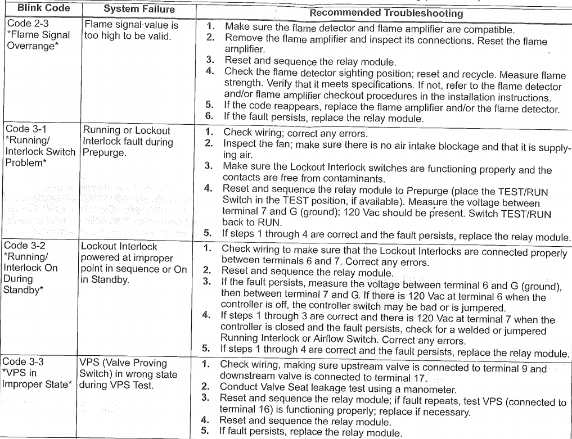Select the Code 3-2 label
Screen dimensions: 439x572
pyautogui.click(x=26, y=247)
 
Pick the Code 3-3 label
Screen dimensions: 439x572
pyautogui.click(x=26, y=363)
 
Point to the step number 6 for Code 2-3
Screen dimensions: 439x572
pyautogui.click(x=209, y=116)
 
